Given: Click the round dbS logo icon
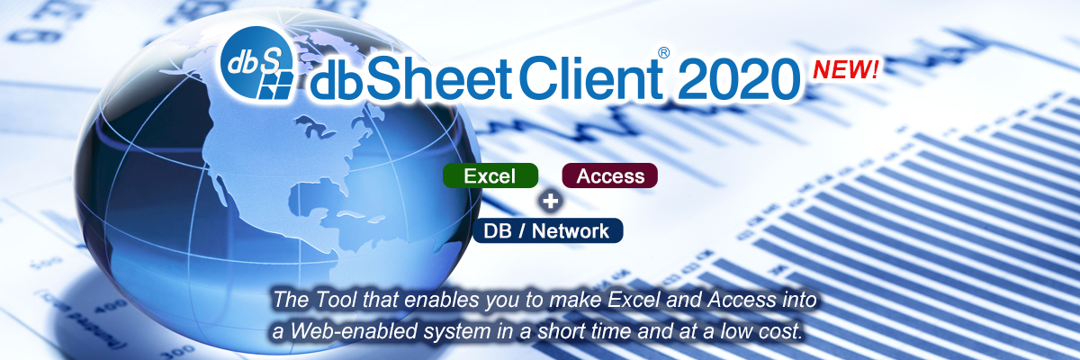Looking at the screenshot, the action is (x=257, y=63).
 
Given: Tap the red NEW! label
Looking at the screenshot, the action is (x=846, y=69).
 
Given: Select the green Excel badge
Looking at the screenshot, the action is (x=490, y=175).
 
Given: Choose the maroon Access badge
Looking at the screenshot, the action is (x=610, y=175).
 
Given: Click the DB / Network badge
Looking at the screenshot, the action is (x=547, y=230).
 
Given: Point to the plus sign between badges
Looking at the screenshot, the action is (x=550, y=201).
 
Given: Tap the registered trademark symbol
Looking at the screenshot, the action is (x=664, y=52).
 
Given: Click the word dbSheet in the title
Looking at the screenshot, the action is (x=410, y=77).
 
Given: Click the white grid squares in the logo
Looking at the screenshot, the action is (x=275, y=85).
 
